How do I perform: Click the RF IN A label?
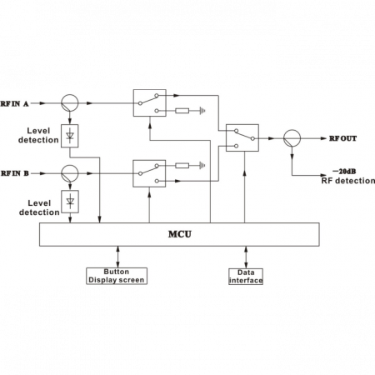[14, 103]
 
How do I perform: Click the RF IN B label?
[15, 173]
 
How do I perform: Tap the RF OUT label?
[342, 138]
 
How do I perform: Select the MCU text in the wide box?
[180, 234]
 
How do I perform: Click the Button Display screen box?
[117, 276]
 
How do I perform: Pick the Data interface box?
[246, 277]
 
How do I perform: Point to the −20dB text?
[344, 171]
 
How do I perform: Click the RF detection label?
[348, 181]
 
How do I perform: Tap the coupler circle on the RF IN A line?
[70, 102]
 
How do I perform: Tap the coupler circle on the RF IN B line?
[70, 173]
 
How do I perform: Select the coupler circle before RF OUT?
[292, 138]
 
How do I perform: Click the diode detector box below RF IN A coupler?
[70, 136]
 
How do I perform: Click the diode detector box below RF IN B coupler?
[70, 202]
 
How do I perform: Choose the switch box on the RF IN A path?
[150, 102]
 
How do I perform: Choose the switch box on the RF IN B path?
[149, 173]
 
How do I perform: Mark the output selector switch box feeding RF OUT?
[242, 137]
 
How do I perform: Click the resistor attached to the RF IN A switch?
[182, 111]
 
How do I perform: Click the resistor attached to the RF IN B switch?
[182, 166]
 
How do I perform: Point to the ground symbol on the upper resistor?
[202, 111]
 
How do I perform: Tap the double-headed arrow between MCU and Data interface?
[246, 257]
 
